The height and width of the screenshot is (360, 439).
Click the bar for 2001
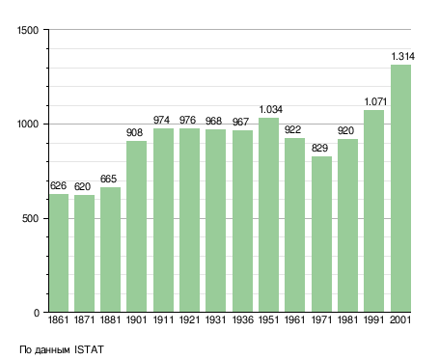coord(400,188)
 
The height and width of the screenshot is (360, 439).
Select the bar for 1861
coord(59,253)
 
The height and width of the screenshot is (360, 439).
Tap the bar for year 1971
coord(321,235)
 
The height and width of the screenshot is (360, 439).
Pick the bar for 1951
coord(268,215)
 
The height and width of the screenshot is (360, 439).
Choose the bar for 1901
coord(136,227)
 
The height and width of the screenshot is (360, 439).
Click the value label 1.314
coord(402,57)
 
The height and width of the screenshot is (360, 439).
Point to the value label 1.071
coord(375,102)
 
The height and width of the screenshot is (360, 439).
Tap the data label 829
coord(319,148)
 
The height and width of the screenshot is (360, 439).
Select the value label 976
coord(187,120)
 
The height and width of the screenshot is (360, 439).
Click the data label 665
coord(108,179)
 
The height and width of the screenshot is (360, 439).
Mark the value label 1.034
coord(271,110)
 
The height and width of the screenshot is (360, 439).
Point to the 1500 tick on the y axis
coord(28,30)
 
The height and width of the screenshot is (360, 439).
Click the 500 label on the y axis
coord(30,219)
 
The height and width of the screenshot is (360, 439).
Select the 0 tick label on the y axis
coord(37,313)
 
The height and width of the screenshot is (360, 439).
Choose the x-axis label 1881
coord(110,320)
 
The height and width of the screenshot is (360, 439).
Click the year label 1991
coord(374,320)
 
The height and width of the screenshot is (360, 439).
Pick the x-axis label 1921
coord(189,320)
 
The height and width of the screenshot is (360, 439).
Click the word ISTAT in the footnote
coord(89,349)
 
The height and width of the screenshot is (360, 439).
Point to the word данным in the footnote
coord(52,350)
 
